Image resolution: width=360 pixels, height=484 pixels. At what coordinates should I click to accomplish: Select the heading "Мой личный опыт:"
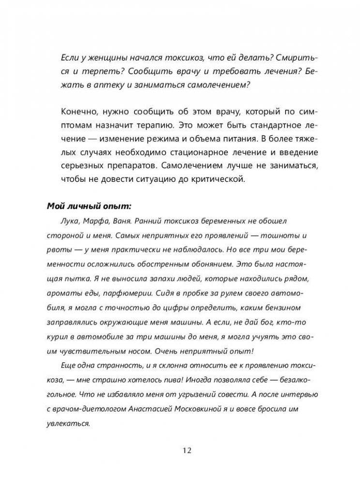click(89, 205)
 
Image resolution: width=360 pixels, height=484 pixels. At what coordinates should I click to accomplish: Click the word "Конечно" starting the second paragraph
click(77, 111)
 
